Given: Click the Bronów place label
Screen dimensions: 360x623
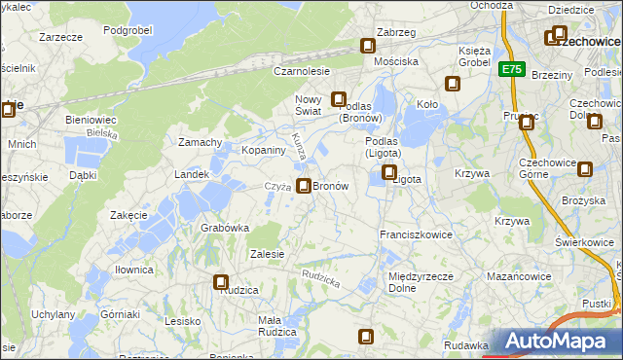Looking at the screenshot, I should (x=330, y=185).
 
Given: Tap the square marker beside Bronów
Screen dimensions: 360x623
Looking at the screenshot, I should (x=305, y=185).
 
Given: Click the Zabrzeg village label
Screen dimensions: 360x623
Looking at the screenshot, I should (x=396, y=32).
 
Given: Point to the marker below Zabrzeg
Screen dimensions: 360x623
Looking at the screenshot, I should (x=368, y=45).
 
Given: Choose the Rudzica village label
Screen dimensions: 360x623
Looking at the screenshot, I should (x=238, y=290).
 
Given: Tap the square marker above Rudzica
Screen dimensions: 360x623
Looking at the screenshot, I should (x=221, y=282).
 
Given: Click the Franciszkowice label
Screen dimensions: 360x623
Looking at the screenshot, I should (x=418, y=235).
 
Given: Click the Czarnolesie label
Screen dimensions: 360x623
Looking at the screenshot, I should (x=302, y=71).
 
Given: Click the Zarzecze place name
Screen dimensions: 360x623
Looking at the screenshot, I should (x=59, y=36).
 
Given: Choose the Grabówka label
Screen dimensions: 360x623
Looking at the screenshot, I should (x=225, y=228).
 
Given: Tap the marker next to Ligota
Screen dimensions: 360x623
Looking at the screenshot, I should (x=389, y=173).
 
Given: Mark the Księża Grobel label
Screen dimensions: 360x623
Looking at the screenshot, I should (x=474, y=55).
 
